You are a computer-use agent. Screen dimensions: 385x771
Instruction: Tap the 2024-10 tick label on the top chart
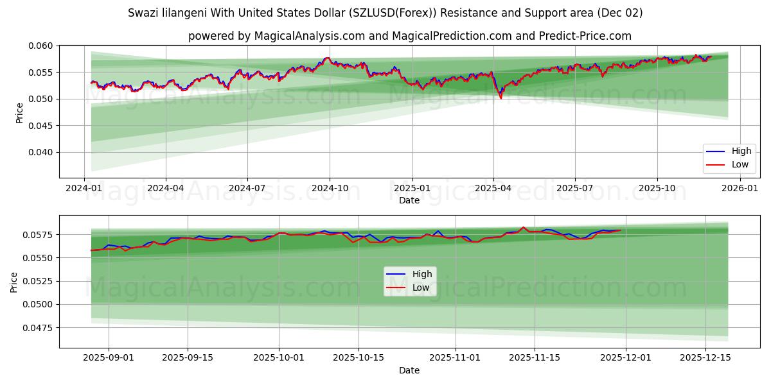click(330, 189)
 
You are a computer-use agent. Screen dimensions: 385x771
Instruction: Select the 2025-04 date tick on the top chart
click(493, 189)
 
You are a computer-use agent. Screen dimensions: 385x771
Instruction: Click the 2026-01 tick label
click(740, 189)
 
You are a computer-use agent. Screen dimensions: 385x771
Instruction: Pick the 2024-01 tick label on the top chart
click(84, 189)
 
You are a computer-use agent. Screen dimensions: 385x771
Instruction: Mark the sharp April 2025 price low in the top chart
click(501, 98)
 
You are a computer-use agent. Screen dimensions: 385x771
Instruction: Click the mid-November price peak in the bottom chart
click(523, 227)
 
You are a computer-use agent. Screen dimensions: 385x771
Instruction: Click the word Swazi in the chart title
click(142, 13)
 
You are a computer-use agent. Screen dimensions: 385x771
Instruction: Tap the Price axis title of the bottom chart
click(14, 282)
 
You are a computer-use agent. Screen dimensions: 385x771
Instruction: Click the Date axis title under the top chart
click(409, 200)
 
